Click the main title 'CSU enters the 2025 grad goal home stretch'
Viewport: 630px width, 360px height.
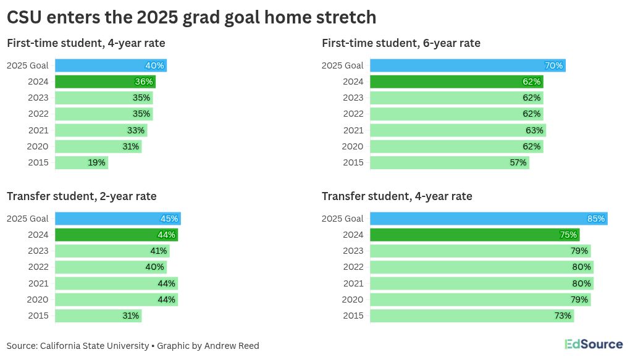[x=191, y=17]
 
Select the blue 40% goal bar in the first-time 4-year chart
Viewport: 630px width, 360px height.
[x=111, y=65]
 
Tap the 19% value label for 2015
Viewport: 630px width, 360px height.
[x=97, y=163]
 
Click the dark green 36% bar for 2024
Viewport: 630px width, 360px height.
[x=105, y=82]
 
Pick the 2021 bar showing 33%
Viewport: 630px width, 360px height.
[x=101, y=130]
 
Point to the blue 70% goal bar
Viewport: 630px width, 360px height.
[x=467, y=65]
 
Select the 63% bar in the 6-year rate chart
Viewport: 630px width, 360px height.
[x=457, y=130]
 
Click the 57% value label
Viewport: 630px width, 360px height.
[x=518, y=163]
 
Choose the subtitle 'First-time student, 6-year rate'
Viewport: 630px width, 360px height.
[x=401, y=43]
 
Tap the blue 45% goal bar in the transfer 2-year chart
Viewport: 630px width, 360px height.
[x=117, y=219]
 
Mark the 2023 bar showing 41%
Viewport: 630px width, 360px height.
[x=112, y=251]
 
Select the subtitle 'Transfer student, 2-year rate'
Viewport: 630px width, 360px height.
[x=82, y=196]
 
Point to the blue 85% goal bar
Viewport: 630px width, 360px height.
[x=488, y=219]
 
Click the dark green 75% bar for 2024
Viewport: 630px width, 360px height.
[x=474, y=235]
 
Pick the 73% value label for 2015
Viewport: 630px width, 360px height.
[x=563, y=316]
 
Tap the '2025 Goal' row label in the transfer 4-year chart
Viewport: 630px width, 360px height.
[x=343, y=219]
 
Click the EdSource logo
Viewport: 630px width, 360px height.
[x=593, y=345]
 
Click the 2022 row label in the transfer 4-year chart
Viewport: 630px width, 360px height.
[x=353, y=267]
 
